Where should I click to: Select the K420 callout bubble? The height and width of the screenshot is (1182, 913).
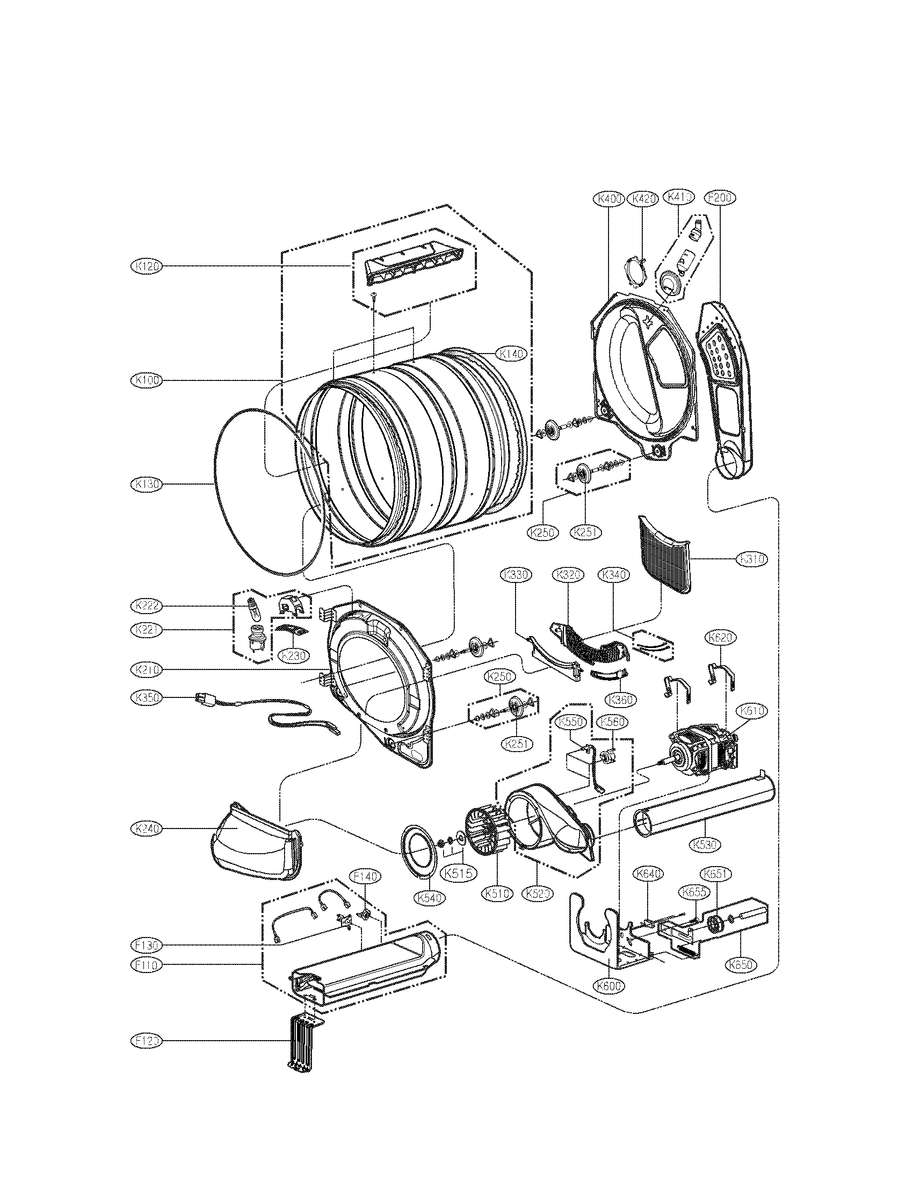tap(642, 199)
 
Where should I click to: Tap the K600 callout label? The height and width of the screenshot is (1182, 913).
tap(610, 985)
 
